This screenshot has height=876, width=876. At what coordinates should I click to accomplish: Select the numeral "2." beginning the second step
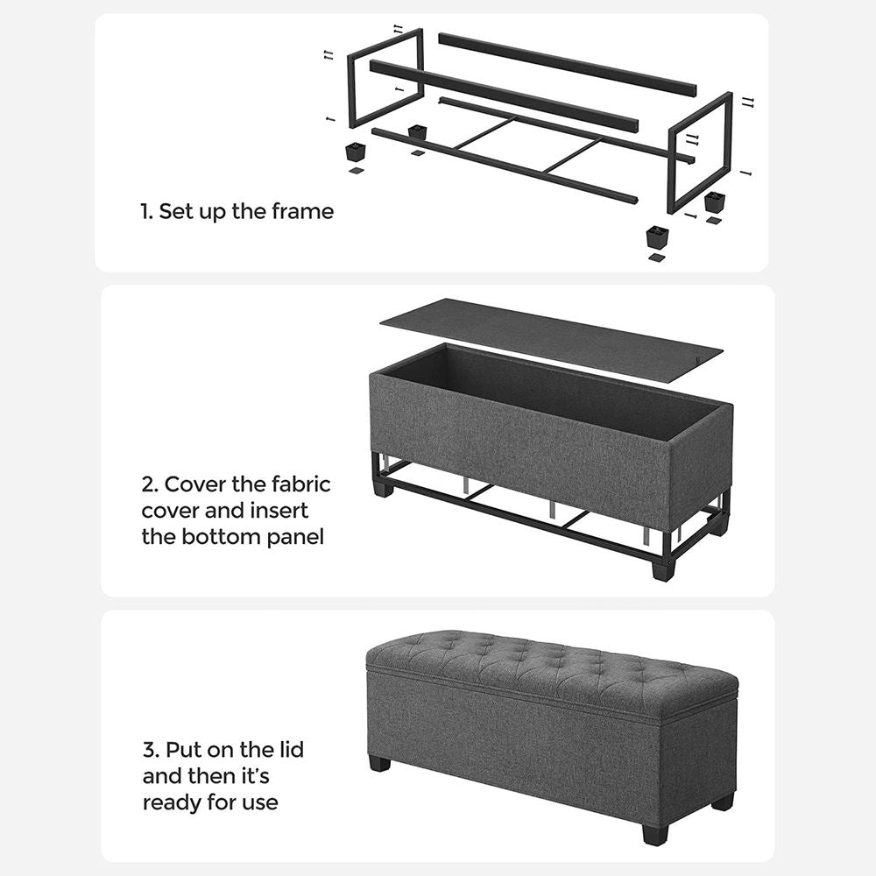[x=150, y=484]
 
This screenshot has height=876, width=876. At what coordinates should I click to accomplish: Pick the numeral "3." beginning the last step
[x=150, y=751]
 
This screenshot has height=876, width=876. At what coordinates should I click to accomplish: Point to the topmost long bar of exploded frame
[x=567, y=65]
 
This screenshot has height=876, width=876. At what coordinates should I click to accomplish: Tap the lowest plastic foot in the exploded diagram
[x=657, y=237]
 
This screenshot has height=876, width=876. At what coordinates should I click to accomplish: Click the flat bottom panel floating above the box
[x=552, y=337]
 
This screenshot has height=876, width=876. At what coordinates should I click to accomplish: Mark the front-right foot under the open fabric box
[x=664, y=569]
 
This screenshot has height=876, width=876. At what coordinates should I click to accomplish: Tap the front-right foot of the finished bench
[x=654, y=834]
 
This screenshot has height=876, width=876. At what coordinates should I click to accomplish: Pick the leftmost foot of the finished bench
[x=379, y=763]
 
